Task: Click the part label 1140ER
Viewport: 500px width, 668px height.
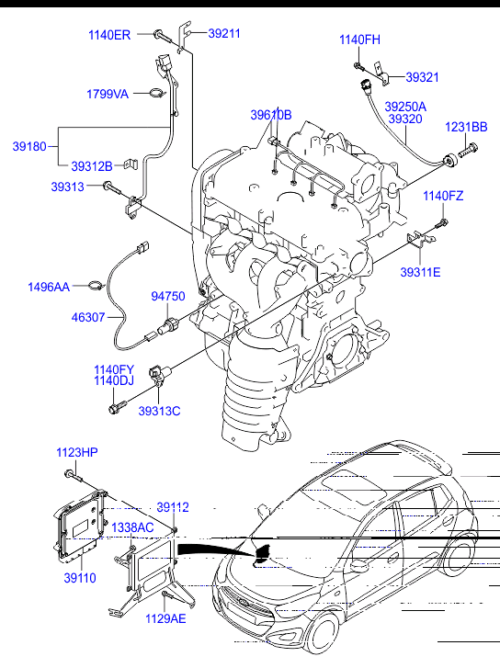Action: [x=109, y=35]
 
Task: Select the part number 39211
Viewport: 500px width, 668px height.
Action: [x=224, y=33]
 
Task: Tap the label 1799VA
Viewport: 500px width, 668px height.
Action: [x=108, y=94]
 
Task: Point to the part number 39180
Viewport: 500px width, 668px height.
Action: [x=29, y=146]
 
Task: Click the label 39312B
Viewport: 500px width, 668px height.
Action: [x=92, y=166]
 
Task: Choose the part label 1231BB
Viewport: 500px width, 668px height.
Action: [x=466, y=127]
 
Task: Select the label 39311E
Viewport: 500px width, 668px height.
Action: [x=420, y=272]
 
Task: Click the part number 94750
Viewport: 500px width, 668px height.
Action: [x=168, y=296]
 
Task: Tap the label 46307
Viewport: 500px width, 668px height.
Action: [x=88, y=317]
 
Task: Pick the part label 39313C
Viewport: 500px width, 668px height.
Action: [x=159, y=411]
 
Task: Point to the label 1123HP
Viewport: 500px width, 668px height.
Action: [x=77, y=452]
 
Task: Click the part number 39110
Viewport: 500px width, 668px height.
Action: [x=80, y=578]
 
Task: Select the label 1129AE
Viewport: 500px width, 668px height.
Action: [x=165, y=618]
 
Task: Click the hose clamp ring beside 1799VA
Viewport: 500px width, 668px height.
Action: [x=157, y=93]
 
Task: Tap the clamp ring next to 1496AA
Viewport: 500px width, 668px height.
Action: [x=97, y=285]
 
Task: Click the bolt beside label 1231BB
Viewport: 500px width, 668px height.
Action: [x=468, y=151]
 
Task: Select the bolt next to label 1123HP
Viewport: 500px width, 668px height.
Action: [x=74, y=476]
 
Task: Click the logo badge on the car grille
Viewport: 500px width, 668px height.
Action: [x=243, y=603]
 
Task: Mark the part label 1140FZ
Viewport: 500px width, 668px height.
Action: [x=443, y=196]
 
